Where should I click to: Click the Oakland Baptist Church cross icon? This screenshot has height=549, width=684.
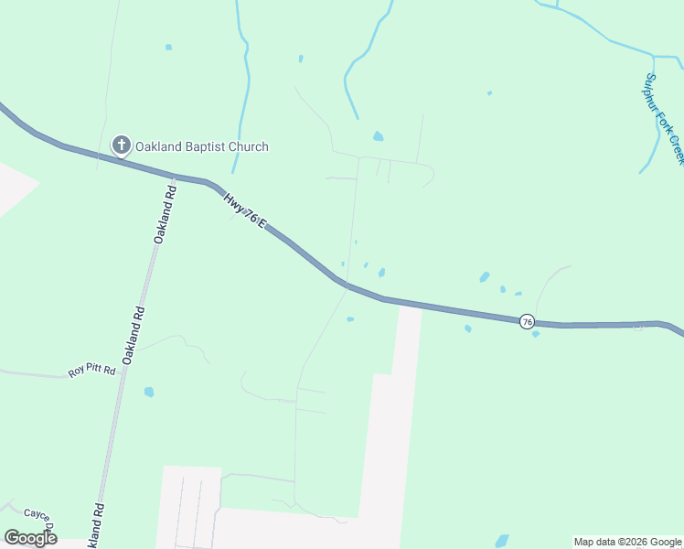pos(120,145)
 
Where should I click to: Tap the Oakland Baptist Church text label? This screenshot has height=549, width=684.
pos(202,146)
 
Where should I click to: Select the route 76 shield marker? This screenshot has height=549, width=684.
pos(527,321)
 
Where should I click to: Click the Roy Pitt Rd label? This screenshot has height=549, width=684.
pos(91,371)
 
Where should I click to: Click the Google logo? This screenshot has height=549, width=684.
pos(30,538)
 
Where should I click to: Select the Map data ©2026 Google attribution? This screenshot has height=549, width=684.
pos(628,542)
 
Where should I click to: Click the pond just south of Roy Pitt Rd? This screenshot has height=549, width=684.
pos(149,392)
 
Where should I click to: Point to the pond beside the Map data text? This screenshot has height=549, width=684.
pos(501,540)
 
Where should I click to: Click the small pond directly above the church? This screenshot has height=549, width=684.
pos(168,47)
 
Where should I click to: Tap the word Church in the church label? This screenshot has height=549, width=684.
pos(250,146)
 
